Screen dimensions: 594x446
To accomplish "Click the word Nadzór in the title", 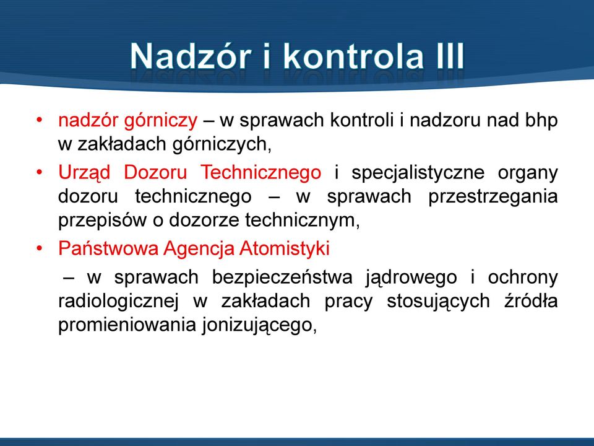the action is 191,56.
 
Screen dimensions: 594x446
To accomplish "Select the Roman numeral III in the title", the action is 449,56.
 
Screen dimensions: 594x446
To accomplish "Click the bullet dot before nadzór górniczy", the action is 38,121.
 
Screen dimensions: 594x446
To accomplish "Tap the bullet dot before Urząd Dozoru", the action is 38,173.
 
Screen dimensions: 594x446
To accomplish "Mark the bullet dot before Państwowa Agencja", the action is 38,249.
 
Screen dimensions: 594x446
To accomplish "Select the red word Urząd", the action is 84,173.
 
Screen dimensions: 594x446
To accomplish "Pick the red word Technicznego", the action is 260,173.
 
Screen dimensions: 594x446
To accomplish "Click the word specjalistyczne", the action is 418,173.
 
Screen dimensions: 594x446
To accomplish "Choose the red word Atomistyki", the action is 284,249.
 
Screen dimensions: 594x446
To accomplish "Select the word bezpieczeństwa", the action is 282,278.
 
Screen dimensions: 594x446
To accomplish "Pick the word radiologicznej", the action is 118,302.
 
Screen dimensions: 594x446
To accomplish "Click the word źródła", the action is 531,301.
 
